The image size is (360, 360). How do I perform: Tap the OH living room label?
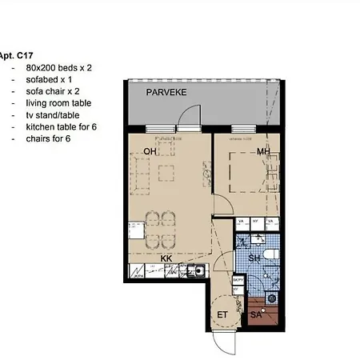[x=150, y=151]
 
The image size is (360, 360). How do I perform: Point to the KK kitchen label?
[x=166, y=258]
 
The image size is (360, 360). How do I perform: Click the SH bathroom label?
[x=254, y=258]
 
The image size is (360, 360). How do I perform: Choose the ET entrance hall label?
[x=223, y=314]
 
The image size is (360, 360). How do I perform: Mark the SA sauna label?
[x=256, y=315]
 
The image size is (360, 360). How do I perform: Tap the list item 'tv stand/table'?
[x=54, y=115]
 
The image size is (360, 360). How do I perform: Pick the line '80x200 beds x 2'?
[x=58, y=68]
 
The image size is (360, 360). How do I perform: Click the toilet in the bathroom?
[x=270, y=254]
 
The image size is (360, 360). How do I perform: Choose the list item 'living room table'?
[x=58, y=103]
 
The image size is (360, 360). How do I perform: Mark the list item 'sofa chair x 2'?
[x=54, y=91]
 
